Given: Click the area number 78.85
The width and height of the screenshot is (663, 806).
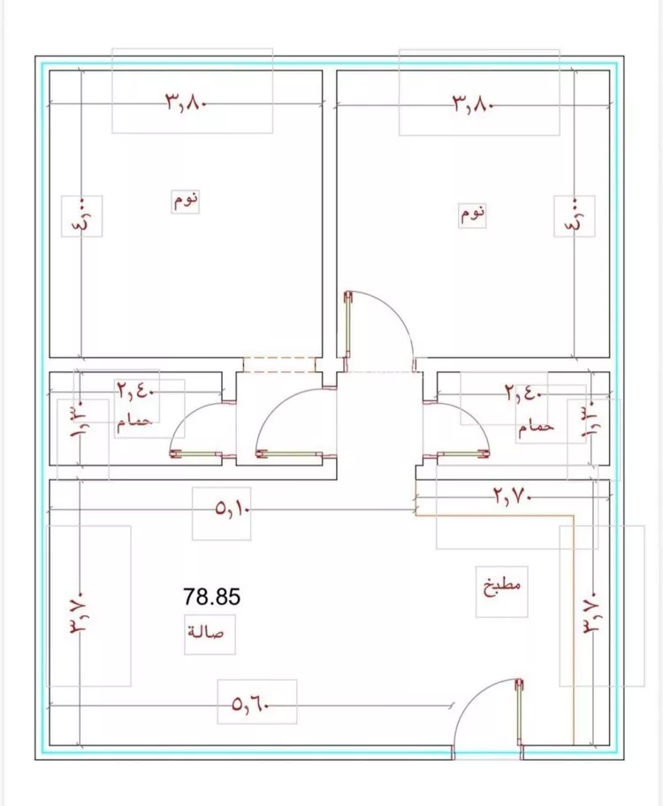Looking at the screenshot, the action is coord(212,597).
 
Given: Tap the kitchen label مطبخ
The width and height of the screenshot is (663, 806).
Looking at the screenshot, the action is coord(502,586).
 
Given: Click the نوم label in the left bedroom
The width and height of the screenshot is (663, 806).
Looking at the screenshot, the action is coord(185,200).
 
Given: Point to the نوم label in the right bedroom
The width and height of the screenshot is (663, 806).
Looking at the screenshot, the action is coord(472,213).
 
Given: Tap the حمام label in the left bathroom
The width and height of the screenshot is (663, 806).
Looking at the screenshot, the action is coord(134,422).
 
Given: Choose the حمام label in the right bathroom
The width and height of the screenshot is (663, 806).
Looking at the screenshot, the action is coord(536,428).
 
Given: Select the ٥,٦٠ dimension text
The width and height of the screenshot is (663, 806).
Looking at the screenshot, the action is coord(250,703).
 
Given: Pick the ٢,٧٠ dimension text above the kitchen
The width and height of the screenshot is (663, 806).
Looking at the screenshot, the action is coord(512,497).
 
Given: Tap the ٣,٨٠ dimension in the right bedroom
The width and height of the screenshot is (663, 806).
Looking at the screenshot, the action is coord(473,104).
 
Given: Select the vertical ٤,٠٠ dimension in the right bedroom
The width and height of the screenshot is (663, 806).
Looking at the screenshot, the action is coord(575,216).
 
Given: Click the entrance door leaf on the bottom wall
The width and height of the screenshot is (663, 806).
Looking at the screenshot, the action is coord(520,712).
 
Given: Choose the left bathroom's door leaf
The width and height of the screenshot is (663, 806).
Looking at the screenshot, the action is coord(196,453).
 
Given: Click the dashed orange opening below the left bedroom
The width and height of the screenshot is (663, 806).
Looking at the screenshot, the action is coord(278,363).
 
